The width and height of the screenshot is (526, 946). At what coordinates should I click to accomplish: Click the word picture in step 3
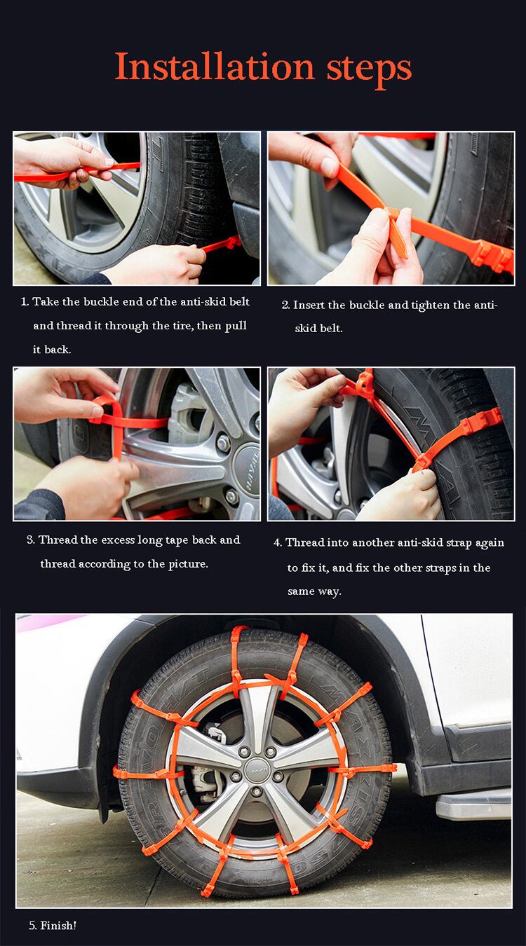pyautogui.click(x=188, y=564)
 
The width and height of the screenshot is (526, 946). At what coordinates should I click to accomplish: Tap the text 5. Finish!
pyautogui.click(x=53, y=925)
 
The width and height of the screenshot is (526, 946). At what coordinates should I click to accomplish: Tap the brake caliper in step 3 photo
pyautogui.click(x=186, y=406)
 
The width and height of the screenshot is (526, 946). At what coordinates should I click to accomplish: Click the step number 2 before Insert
pyautogui.click(x=285, y=306)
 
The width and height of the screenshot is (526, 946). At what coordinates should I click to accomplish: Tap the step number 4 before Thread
pyautogui.click(x=277, y=543)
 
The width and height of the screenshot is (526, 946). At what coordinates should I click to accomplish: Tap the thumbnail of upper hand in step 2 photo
pyautogui.click(x=328, y=167)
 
